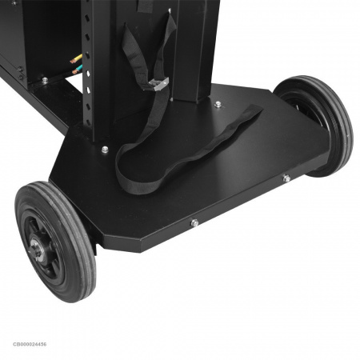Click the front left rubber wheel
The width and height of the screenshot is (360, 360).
[x=55, y=242]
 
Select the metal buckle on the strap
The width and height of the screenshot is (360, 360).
[x=158, y=84]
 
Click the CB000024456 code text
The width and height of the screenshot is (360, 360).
[x=30, y=344]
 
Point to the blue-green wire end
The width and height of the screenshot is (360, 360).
[x=78, y=70]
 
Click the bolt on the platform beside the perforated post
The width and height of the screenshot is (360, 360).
[x=105, y=150]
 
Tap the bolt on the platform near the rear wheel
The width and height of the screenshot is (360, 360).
[x=218, y=105]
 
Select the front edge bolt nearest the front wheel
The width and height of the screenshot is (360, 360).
[x=194, y=222]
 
